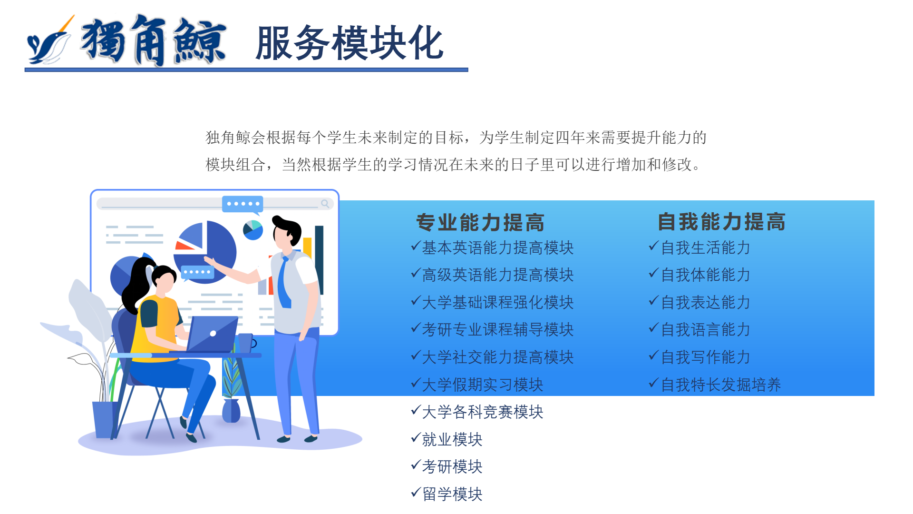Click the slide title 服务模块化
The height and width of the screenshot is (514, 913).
coord(350,43)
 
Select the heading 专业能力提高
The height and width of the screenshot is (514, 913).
coord(480,222)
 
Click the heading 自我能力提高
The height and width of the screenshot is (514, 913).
coord(721,222)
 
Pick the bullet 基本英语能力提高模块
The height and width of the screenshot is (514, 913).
coord(498,247)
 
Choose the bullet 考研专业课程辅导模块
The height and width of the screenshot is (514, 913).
coord(498,329)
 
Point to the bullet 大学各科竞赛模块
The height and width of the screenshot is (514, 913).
coord(483,412)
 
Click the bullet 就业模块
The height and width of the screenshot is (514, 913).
coord(452,439)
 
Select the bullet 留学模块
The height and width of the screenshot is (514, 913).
coord(452,494)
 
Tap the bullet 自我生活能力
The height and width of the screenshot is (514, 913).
coord(706,247)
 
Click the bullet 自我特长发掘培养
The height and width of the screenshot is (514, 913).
coord(721,385)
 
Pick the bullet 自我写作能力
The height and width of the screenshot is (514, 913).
coord(706,357)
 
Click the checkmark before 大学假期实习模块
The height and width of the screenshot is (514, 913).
coord(416,383)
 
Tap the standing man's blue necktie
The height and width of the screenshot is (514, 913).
coord(284,282)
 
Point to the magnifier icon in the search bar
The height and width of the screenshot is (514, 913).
coord(325,204)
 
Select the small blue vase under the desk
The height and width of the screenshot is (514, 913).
coord(231,411)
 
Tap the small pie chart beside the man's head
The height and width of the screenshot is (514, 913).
coord(253,230)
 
